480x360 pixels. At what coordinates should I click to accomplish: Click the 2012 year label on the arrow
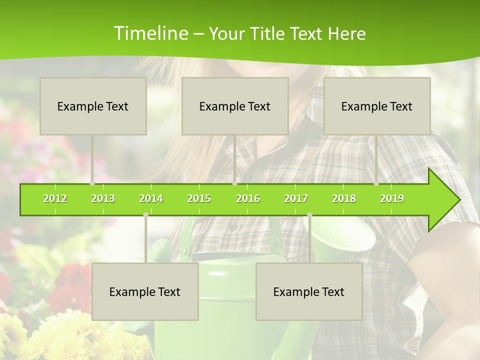click(55, 198)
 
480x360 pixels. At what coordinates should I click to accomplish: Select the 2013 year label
click(103, 198)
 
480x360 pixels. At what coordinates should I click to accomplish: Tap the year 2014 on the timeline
click(151, 198)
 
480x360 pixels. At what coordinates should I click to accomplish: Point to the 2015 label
click(199, 198)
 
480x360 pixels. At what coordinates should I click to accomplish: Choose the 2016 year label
click(248, 198)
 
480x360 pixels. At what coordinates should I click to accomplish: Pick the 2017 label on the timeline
click(296, 198)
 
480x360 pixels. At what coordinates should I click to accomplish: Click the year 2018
click(344, 198)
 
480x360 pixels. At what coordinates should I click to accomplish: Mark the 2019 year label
click(392, 198)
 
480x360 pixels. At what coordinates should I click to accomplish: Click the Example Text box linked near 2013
click(93, 106)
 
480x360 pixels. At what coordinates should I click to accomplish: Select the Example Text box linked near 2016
click(235, 106)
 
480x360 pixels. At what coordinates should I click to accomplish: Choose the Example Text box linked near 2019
click(377, 106)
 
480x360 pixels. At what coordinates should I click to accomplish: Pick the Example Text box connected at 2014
click(145, 291)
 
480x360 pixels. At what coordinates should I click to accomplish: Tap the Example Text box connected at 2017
click(309, 291)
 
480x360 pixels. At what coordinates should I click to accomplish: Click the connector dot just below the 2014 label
click(145, 215)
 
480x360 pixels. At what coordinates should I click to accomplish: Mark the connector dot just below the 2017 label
click(309, 215)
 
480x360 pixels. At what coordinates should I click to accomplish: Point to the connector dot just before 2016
click(234, 183)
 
